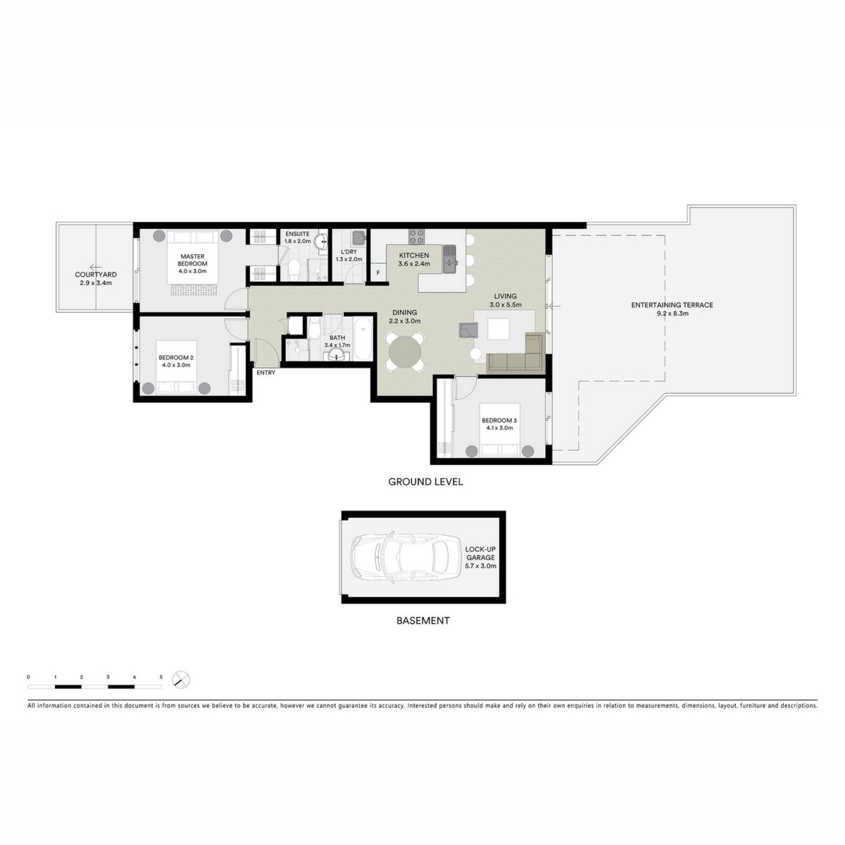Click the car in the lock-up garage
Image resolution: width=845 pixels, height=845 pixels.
coord(403,557)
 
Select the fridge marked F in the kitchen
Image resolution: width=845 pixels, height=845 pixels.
coord(378,272)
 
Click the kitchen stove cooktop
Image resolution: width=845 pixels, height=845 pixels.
coord(416,237)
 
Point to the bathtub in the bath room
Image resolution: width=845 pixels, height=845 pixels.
coord(363,339)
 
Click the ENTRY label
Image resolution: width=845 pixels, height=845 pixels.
coord(266,373)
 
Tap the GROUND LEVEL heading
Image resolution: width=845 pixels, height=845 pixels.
coord(426,482)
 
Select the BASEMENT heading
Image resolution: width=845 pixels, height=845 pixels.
coord(423,621)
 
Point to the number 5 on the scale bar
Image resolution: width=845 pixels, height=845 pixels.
coord(161,677)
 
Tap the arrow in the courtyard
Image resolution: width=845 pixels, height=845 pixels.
coord(96,267)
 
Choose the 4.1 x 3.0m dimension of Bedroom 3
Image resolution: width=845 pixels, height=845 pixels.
coord(500,428)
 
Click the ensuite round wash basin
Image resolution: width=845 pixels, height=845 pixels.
coord(320,240)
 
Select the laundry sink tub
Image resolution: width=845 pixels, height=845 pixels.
coord(359,238)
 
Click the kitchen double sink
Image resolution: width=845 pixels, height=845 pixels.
coord(449,259)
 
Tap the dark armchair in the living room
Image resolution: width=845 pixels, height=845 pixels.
coord(468,330)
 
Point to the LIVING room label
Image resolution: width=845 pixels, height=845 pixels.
coord(505,297)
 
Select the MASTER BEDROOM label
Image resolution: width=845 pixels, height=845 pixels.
coord(192,260)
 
